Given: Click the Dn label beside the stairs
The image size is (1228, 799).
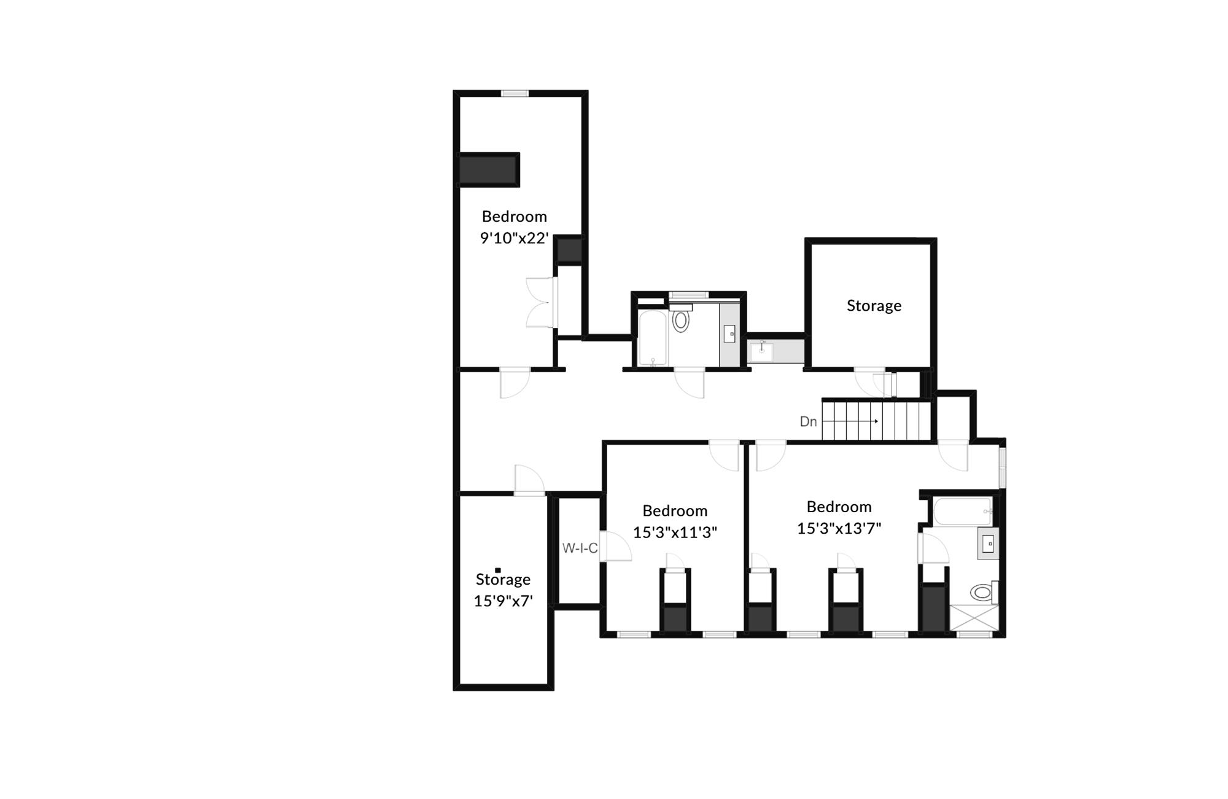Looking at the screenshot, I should tap(808, 422).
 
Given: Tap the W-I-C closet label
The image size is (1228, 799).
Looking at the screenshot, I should tap(580, 548).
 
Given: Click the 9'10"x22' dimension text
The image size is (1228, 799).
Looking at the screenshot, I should tap(514, 238).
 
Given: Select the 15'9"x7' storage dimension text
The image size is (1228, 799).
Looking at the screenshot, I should tap(503, 601).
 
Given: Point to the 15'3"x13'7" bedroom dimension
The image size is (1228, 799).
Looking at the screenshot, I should tap(839, 528).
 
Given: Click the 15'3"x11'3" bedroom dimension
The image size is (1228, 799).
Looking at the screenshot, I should tap(675, 532).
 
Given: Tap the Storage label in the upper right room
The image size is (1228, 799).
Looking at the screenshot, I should tap(874, 306).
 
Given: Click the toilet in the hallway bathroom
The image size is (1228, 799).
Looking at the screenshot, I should tap(680, 320).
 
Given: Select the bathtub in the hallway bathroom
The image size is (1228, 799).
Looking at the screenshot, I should tap(652, 338).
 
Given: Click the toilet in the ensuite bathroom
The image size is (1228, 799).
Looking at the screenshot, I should tap(982, 593).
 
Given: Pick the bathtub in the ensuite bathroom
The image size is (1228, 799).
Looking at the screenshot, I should tap(963, 511).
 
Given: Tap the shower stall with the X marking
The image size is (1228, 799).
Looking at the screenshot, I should tap(974, 618).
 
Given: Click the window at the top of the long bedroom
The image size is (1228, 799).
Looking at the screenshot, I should tap(515, 93).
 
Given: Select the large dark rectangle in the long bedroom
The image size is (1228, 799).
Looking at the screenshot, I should tap(489, 170).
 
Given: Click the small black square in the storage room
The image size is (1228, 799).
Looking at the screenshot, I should tap(498, 571).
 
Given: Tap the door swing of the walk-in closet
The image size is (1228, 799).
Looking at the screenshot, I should tap(615, 546).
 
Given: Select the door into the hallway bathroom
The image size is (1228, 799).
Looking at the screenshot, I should tap(690, 382).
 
